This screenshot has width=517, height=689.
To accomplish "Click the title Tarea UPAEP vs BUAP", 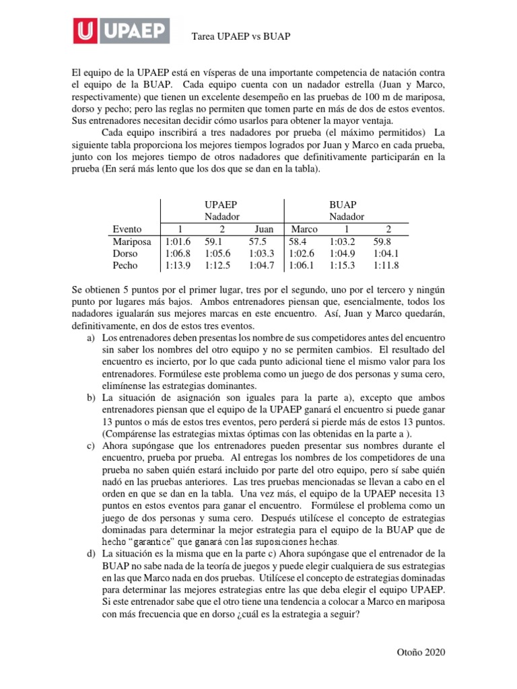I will coord(242,35).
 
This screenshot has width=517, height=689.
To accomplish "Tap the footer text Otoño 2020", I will coord(421,652).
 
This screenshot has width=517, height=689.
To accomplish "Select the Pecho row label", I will coord(125,265).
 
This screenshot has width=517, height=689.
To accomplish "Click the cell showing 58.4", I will coord(298,241).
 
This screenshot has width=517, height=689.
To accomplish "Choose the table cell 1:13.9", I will coord(178,265).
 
